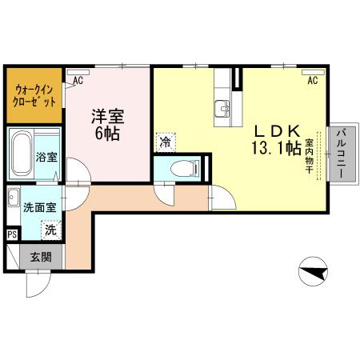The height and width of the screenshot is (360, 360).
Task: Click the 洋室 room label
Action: [x=107, y=115]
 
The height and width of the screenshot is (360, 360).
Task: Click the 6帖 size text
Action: [x=107, y=134]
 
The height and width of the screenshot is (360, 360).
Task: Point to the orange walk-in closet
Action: [x=34, y=96]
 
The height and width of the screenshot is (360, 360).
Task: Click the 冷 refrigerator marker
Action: [x=166, y=143]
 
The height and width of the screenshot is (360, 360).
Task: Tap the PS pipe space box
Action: [x=12, y=234]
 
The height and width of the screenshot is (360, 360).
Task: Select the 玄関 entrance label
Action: [x=41, y=258]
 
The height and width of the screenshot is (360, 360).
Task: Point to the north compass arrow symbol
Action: [x=313, y=274]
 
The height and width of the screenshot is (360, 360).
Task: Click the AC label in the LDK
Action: [x=312, y=80]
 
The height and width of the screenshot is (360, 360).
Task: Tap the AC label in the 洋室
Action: [x=78, y=80]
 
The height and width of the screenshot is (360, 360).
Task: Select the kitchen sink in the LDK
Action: [x=222, y=108]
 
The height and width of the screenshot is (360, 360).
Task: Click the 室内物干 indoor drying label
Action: [x=310, y=154]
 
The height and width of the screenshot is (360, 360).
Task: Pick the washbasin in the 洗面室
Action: [x=13, y=197]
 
